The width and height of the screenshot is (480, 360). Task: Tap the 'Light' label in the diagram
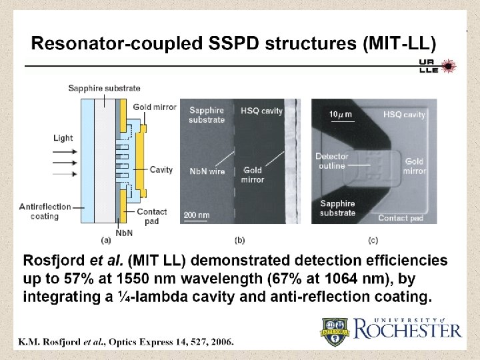[x=64, y=138]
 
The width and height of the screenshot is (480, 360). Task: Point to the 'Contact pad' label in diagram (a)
[x=152, y=216]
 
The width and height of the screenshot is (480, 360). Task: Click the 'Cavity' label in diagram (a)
[x=161, y=170]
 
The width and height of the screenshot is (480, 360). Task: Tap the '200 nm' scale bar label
[x=197, y=215]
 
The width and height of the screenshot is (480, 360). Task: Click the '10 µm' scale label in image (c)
[x=341, y=115]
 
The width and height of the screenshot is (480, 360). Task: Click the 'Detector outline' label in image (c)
[x=331, y=161]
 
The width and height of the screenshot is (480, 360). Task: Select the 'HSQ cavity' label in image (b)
[x=264, y=111]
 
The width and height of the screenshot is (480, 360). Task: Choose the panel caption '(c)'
[x=375, y=239]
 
